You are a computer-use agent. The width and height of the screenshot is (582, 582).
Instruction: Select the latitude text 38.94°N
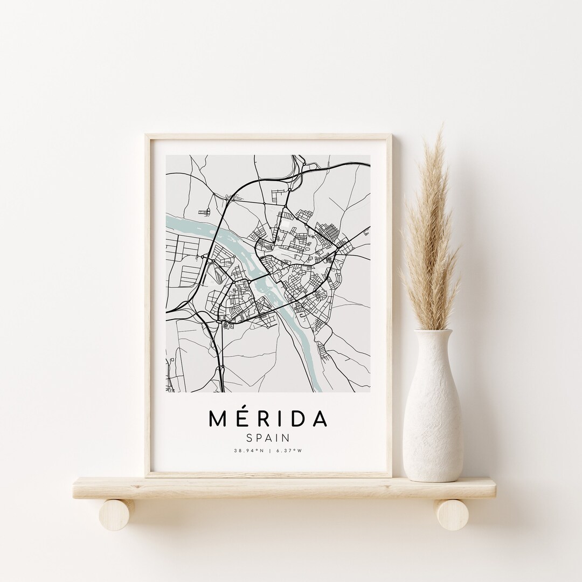coord(249,451)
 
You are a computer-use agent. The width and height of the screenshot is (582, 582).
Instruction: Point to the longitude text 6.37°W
coord(287,451)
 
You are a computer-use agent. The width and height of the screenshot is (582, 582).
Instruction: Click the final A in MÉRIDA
coord(317,419)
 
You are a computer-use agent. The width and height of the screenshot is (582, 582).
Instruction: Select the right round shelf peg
coord(452,514)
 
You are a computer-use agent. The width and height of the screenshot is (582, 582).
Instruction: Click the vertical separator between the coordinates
coord(268,451)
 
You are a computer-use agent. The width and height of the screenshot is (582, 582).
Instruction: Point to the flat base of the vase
coord(433,478)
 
